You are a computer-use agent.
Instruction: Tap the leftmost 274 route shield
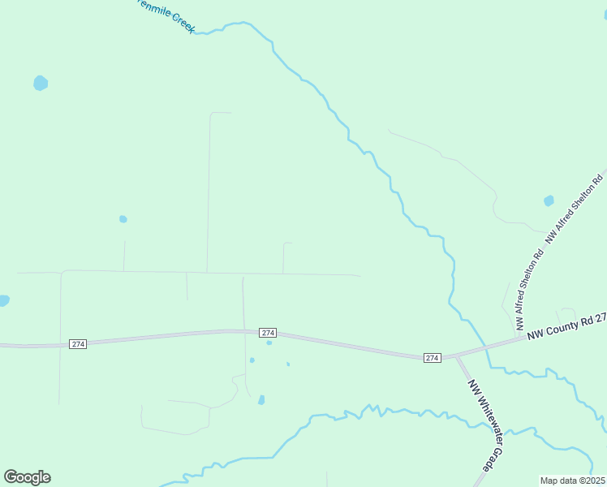point(77,343)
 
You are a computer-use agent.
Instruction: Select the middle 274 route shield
point(269,333)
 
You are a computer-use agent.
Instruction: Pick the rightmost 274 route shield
point(433,358)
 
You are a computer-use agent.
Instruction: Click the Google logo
point(27,477)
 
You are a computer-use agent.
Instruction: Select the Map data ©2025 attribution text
point(571,481)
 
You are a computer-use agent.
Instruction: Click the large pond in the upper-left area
point(41,83)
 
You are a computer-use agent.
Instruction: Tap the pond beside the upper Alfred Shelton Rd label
point(549,200)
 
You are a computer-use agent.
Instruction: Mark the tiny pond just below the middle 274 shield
point(269,343)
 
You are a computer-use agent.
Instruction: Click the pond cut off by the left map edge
point(3,300)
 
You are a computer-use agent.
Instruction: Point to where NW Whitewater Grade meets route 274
point(456,356)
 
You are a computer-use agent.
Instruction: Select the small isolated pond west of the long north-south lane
point(123,219)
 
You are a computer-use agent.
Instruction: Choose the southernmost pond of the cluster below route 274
point(261,399)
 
